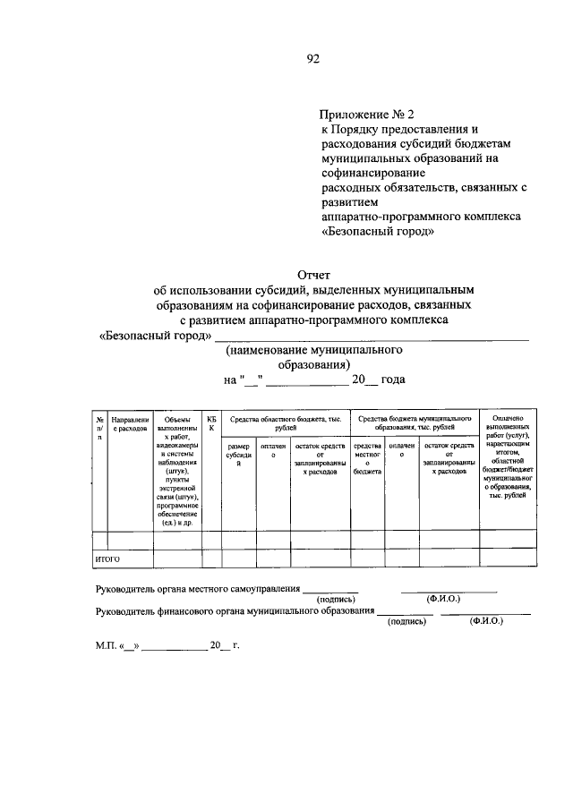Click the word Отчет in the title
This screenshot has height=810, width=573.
(312, 275)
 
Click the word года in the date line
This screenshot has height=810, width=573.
(392, 379)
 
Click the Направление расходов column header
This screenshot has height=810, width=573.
(130, 423)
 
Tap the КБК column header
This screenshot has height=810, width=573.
(211, 423)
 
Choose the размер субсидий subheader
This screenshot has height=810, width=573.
(239, 455)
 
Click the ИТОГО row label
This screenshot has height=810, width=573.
(107, 558)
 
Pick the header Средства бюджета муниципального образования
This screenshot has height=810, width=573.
(415, 423)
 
